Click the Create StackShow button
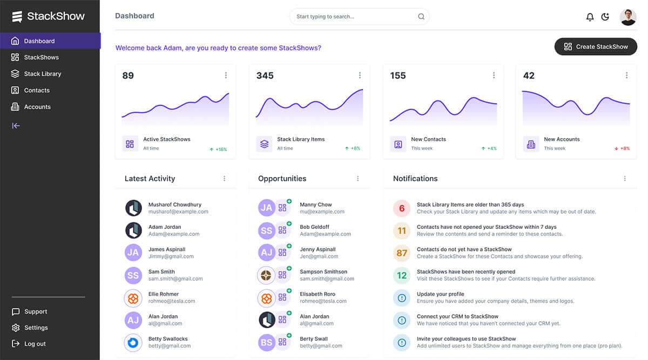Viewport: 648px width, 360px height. (x=596, y=47)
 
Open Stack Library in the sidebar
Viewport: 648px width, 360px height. (x=42, y=74)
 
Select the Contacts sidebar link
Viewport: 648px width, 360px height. (x=36, y=91)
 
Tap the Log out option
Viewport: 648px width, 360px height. (x=35, y=344)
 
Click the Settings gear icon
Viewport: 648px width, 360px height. (x=16, y=328)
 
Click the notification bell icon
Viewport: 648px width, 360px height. (x=590, y=17)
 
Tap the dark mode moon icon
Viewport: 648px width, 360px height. (x=605, y=17)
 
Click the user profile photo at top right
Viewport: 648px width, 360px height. (x=628, y=17)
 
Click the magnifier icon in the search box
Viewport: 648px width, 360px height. (x=421, y=17)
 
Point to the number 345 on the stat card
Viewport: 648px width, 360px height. (x=265, y=76)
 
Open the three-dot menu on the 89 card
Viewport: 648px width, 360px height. (x=226, y=76)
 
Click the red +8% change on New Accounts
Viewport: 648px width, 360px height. (x=622, y=148)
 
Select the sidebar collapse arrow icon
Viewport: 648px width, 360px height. (x=16, y=126)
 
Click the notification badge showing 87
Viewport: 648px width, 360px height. (x=402, y=253)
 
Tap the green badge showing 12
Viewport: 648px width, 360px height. (x=402, y=275)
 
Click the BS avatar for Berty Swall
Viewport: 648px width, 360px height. (x=267, y=342)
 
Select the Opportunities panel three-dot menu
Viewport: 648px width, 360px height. (x=357, y=179)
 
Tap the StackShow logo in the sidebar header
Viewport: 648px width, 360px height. (x=49, y=16)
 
